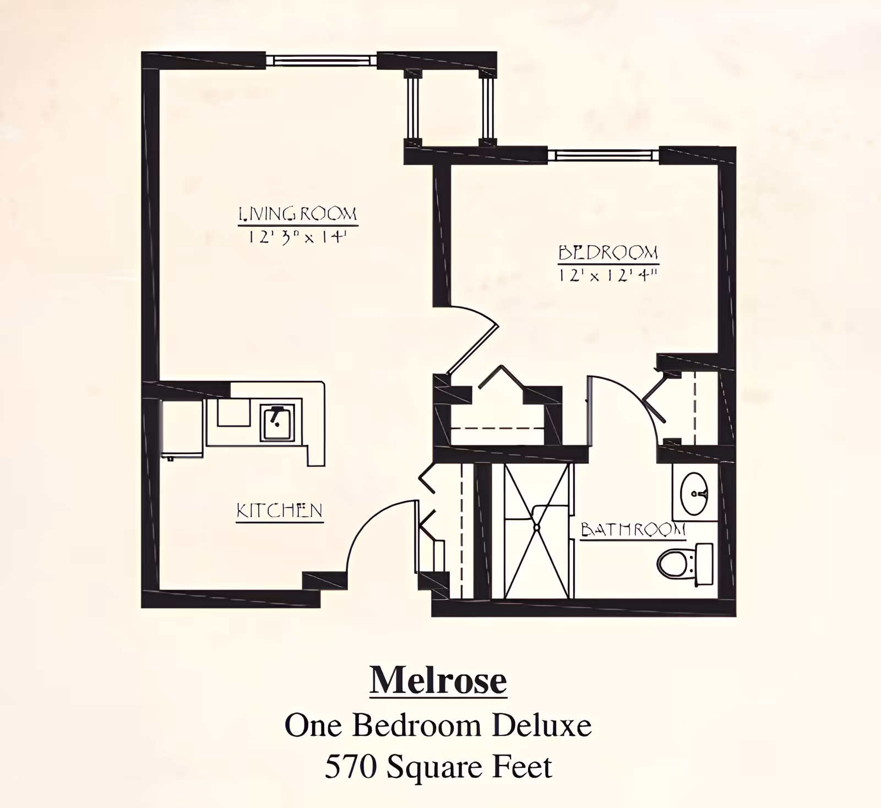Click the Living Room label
(x=298, y=214)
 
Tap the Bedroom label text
(x=608, y=253)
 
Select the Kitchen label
(x=279, y=511)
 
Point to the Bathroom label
(x=633, y=530)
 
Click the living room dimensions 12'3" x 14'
(x=298, y=237)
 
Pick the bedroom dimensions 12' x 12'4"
(x=608, y=275)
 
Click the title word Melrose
(x=438, y=681)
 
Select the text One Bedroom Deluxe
(x=438, y=725)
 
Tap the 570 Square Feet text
(x=438, y=767)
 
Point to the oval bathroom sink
(x=694, y=492)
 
